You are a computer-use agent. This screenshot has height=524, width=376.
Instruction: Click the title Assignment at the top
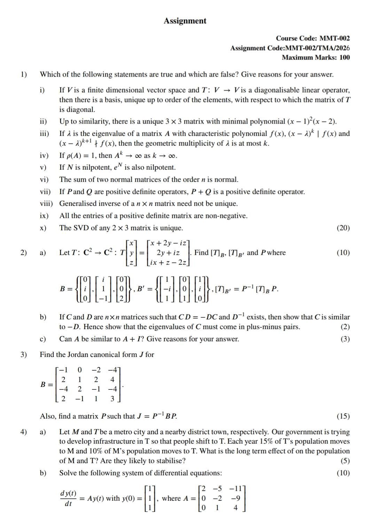[185, 21]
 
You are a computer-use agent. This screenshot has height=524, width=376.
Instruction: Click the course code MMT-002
[334, 38]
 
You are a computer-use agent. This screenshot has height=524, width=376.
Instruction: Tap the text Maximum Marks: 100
[316, 57]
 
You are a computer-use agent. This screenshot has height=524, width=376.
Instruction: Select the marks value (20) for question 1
[343, 228]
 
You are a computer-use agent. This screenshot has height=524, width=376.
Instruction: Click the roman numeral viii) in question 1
[46, 204]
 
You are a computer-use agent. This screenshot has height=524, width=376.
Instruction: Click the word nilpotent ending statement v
[160, 167]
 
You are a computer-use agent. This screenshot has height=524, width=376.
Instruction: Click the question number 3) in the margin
[23, 355]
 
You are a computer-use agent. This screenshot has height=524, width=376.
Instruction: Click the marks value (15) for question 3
[343, 416]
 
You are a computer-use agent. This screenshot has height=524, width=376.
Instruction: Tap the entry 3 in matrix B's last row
[112, 399]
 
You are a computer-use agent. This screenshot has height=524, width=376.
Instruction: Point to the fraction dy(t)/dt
[68, 498]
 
